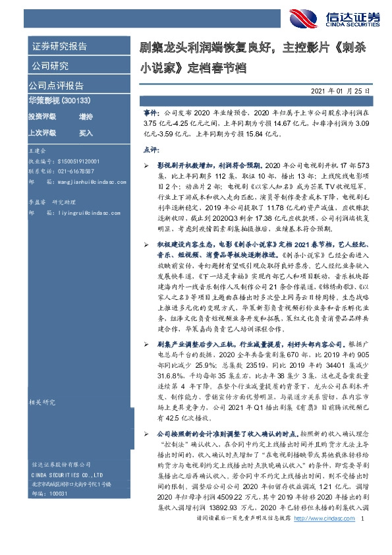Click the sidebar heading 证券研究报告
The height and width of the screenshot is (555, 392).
tap(59, 46)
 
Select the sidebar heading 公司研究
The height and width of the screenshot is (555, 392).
tap(49, 66)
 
